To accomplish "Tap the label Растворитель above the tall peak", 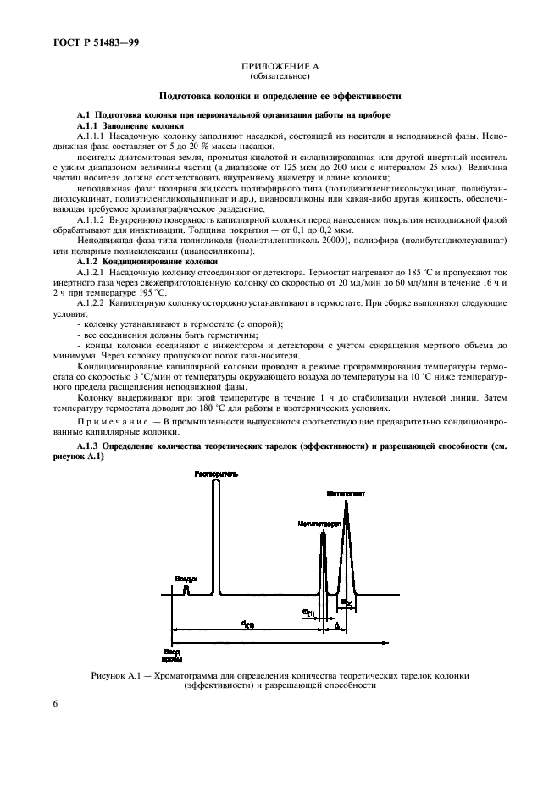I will click(x=214, y=473).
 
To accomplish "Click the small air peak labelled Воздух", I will click(x=187, y=591).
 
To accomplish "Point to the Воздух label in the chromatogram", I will click(x=186, y=579).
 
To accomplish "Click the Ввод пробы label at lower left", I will click(x=172, y=655).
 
